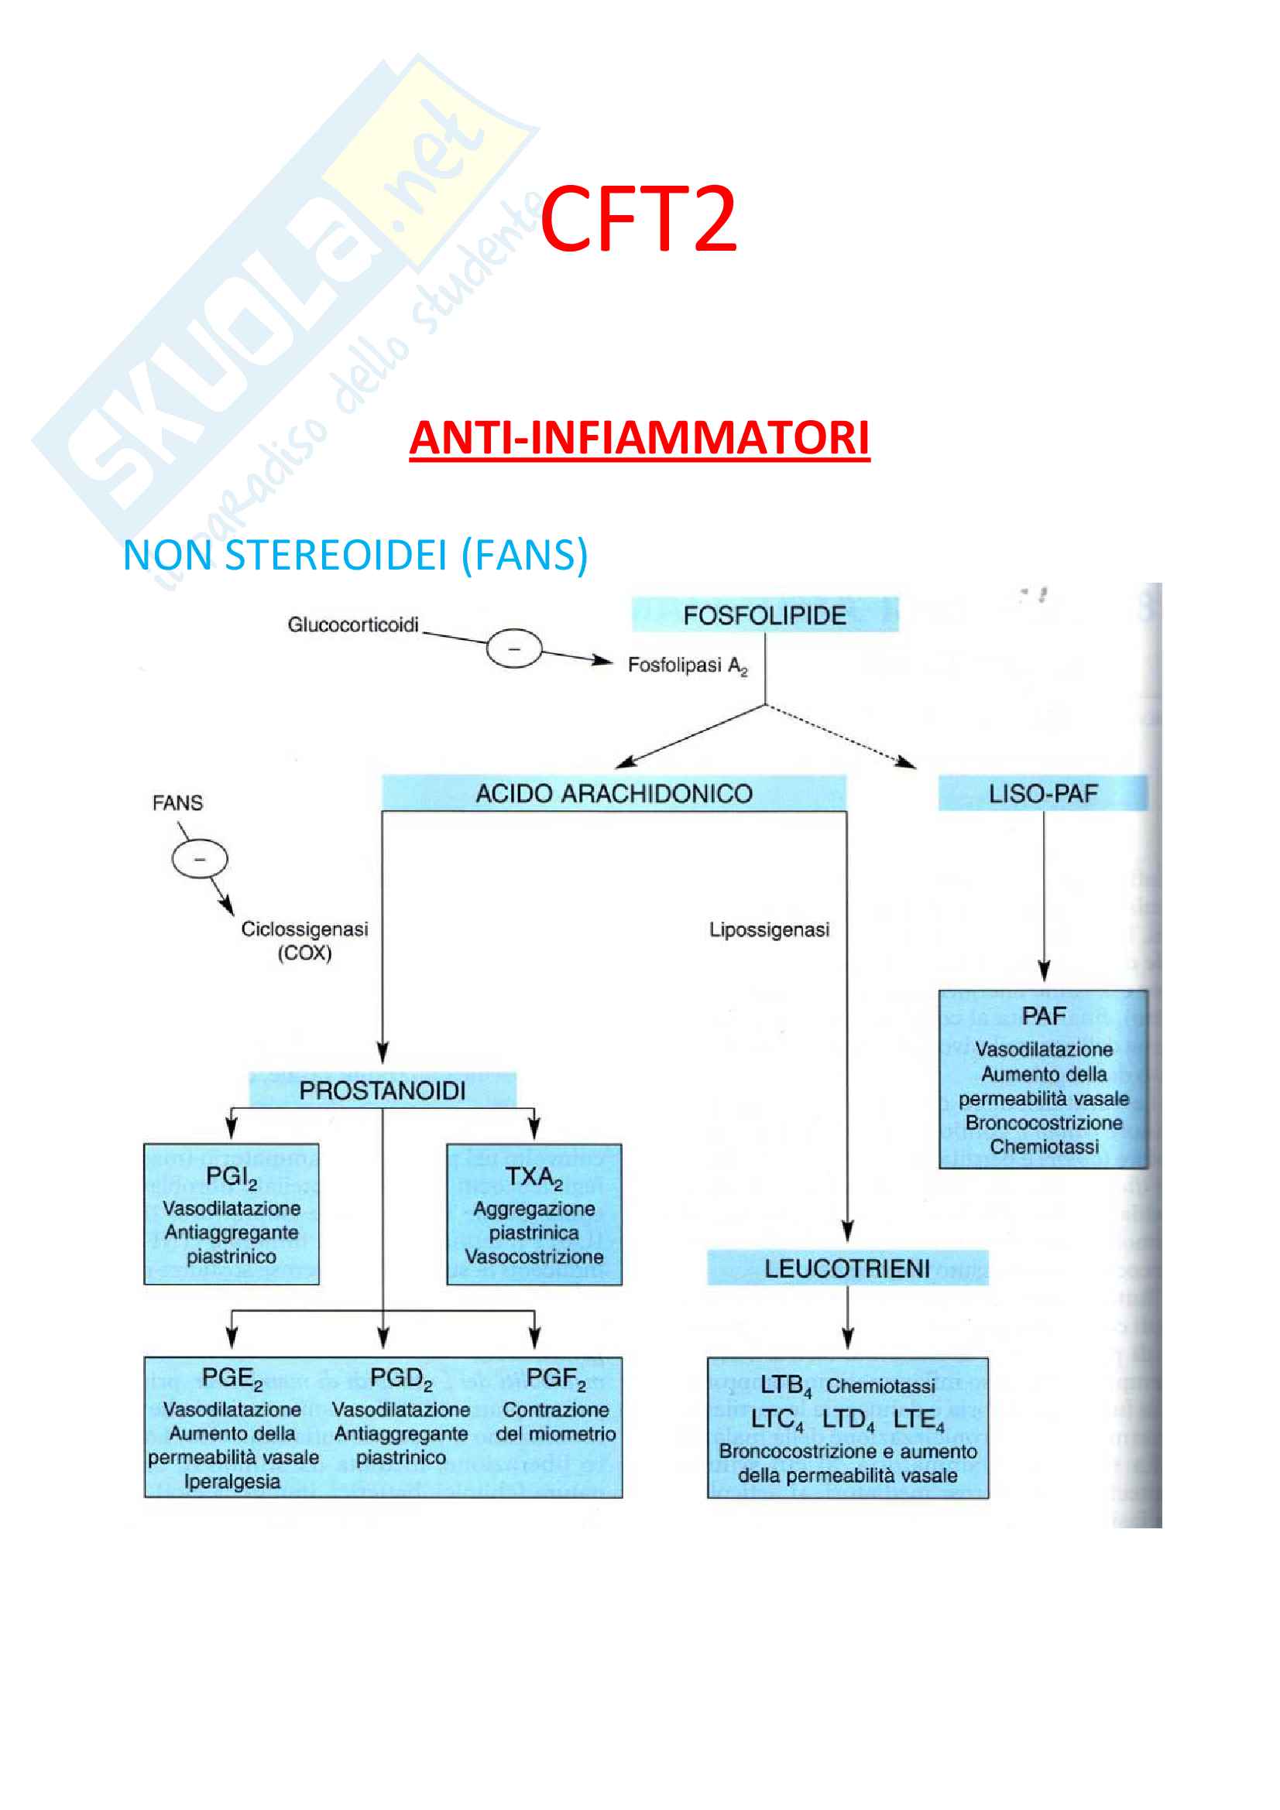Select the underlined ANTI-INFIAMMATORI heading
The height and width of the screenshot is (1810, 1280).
click(x=639, y=438)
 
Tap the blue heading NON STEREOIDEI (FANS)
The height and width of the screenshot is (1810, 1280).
click(x=355, y=555)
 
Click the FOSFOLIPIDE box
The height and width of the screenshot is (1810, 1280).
click(x=764, y=615)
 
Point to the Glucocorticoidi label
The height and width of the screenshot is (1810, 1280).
click(x=352, y=624)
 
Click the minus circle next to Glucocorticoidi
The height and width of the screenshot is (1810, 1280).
click(x=513, y=648)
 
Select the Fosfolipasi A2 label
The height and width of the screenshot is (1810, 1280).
click(x=687, y=665)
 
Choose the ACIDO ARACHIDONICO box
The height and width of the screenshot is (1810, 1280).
click(x=613, y=793)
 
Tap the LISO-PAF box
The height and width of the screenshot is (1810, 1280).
click(x=1042, y=793)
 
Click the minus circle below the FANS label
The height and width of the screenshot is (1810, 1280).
click(x=200, y=858)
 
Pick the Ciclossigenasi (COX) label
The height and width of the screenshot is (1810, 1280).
click(x=304, y=940)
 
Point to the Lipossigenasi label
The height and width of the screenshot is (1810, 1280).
click(x=769, y=930)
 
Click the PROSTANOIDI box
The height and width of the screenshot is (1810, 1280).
click(x=383, y=1091)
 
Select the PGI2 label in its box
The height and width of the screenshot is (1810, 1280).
click(x=231, y=1177)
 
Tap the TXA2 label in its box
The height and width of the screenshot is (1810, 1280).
click(x=534, y=1177)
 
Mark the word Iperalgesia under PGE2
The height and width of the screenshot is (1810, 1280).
click(x=232, y=1482)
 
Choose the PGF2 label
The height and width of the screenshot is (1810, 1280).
click(x=555, y=1379)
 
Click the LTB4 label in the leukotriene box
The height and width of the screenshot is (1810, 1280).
click(x=785, y=1385)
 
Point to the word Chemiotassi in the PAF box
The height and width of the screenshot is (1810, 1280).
click(x=1044, y=1147)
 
